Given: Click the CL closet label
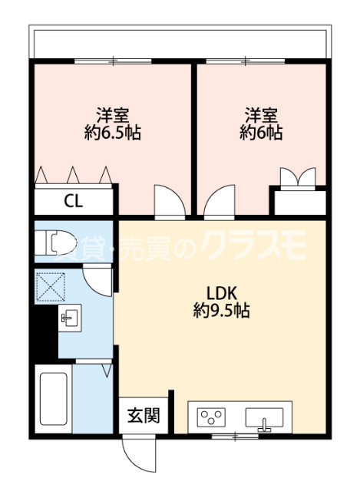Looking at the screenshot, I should [x=74, y=202].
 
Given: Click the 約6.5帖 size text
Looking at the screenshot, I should [x=112, y=133].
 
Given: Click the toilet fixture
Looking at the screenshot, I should [x=59, y=243].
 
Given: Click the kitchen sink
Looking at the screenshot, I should [x=263, y=418].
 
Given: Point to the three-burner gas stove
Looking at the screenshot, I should [x=213, y=418].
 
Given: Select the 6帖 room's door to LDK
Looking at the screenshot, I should [x=218, y=202].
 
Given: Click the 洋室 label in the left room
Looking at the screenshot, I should [x=112, y=116].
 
